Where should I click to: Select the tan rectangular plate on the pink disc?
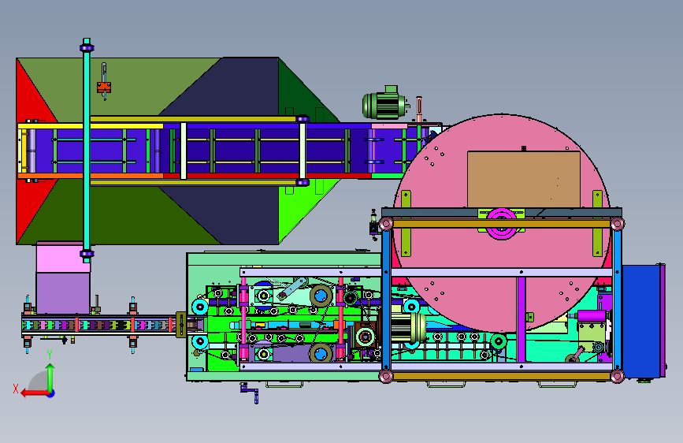point(524,179)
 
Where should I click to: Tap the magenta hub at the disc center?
point(501,223)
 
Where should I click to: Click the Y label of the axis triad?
point(50,355)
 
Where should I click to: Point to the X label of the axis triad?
point(16,389)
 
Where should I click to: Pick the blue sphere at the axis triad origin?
point(51,393)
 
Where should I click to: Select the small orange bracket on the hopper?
point(104,87)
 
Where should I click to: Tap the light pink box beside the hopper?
point(63,258)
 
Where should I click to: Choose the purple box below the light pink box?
point(63,293)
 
